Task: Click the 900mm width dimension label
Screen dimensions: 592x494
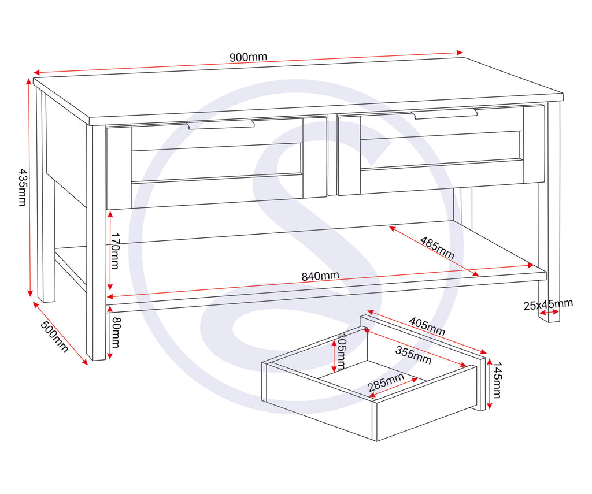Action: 248,57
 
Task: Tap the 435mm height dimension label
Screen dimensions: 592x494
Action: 23,187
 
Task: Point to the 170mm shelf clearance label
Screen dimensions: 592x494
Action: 115,251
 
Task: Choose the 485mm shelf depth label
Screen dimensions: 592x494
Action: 437,248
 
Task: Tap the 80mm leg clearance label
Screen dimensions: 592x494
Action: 115,332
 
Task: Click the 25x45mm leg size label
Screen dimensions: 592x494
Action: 548,304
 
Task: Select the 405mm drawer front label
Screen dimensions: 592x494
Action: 427,326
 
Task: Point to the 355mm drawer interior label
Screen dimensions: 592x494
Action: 413,356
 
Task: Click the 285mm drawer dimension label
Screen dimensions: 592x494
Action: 386,382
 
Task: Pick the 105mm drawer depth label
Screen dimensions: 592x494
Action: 342,351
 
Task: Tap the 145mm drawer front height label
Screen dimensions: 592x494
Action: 497,380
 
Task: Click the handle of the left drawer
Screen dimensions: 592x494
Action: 220,125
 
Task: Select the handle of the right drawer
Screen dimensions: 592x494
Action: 444,114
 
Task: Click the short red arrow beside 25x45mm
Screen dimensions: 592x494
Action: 549,312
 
